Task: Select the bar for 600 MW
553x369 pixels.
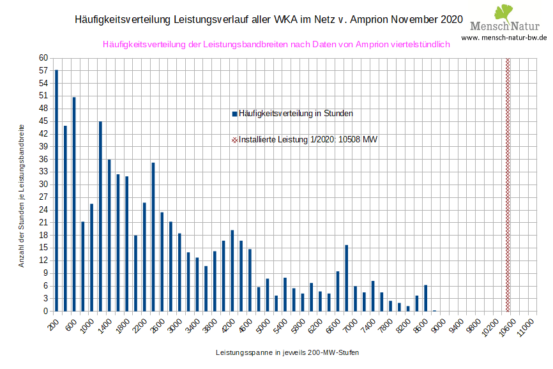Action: pos(74,204)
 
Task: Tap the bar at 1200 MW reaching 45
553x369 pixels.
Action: pos(100,216)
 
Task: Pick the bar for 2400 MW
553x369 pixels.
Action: pos(153,237)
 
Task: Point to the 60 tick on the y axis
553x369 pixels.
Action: pos(44,57)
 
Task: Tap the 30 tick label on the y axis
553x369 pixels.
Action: pos(44,184)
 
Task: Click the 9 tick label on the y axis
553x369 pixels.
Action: pos(46,273)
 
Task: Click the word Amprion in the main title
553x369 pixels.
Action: pos(362,20)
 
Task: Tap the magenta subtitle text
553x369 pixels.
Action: pos(276,44)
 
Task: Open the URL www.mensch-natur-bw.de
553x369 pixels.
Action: pos(504,38)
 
